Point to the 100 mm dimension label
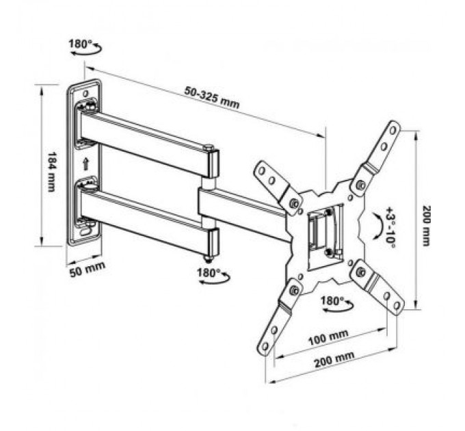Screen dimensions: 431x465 pos(328,336)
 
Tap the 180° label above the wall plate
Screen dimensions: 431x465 pos(79,44)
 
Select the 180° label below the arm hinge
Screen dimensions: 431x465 pos(208,272)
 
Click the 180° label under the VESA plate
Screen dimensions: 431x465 pos(331,300)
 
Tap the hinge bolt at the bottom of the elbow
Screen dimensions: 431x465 pos(209,258)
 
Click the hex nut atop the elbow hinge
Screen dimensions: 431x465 pos(209,147)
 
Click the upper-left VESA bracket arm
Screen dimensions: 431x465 pos(271,180)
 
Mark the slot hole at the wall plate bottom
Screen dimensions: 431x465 pos(86,231)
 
